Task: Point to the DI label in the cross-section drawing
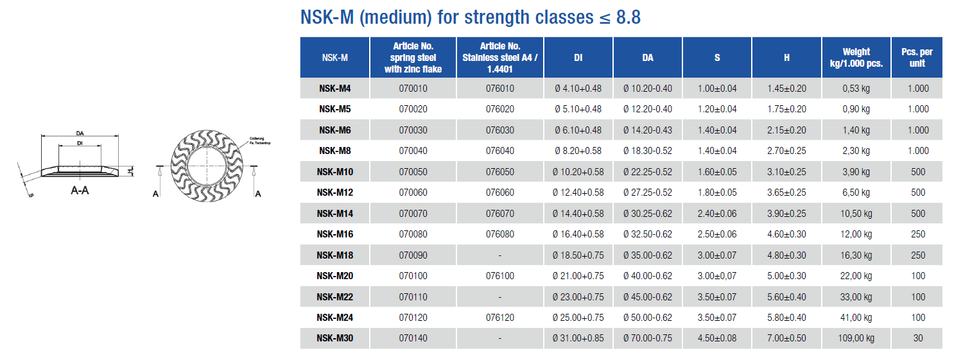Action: coord(79,142)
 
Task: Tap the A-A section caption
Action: coord(79,191)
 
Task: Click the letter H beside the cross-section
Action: coord(130,171)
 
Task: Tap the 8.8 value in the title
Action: coord(628,17)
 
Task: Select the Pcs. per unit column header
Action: coord(917,57)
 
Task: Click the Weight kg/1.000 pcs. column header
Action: coord(856,57)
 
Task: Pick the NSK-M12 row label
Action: coord(334,193)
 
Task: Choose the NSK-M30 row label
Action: coord(334,338)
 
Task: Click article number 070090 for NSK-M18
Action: coord(413,255)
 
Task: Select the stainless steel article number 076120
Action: coord(499,318)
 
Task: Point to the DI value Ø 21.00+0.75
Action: coord(578,276)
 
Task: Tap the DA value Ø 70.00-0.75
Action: coord(647,338)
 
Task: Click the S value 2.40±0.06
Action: coord(717,214)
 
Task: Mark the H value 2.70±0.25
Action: coord(786,151)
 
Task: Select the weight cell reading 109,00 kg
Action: coord(856,338)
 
